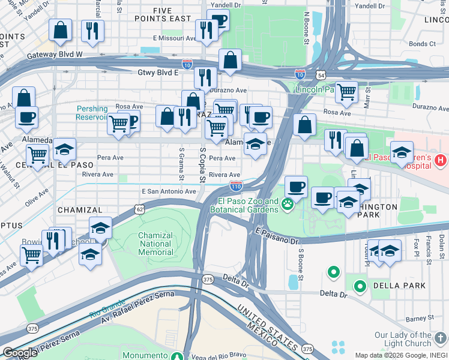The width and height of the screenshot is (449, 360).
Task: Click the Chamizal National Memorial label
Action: click(155, 244)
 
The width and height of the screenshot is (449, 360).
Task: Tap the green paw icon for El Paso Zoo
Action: click(289, 205)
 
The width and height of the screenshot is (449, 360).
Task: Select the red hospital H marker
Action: click(441, 160)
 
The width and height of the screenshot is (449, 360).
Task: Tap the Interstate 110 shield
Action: click(236, 187)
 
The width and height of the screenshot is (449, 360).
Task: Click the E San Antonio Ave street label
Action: click(169, 191)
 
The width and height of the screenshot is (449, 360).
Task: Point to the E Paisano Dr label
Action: click(276, 236)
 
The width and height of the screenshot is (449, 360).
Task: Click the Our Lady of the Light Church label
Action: click(411, 339)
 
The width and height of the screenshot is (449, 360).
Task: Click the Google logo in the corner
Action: click(19, 353)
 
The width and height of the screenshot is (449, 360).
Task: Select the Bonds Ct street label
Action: click(422, 44)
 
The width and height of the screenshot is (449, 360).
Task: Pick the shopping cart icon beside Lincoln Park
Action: click(346, 92)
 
